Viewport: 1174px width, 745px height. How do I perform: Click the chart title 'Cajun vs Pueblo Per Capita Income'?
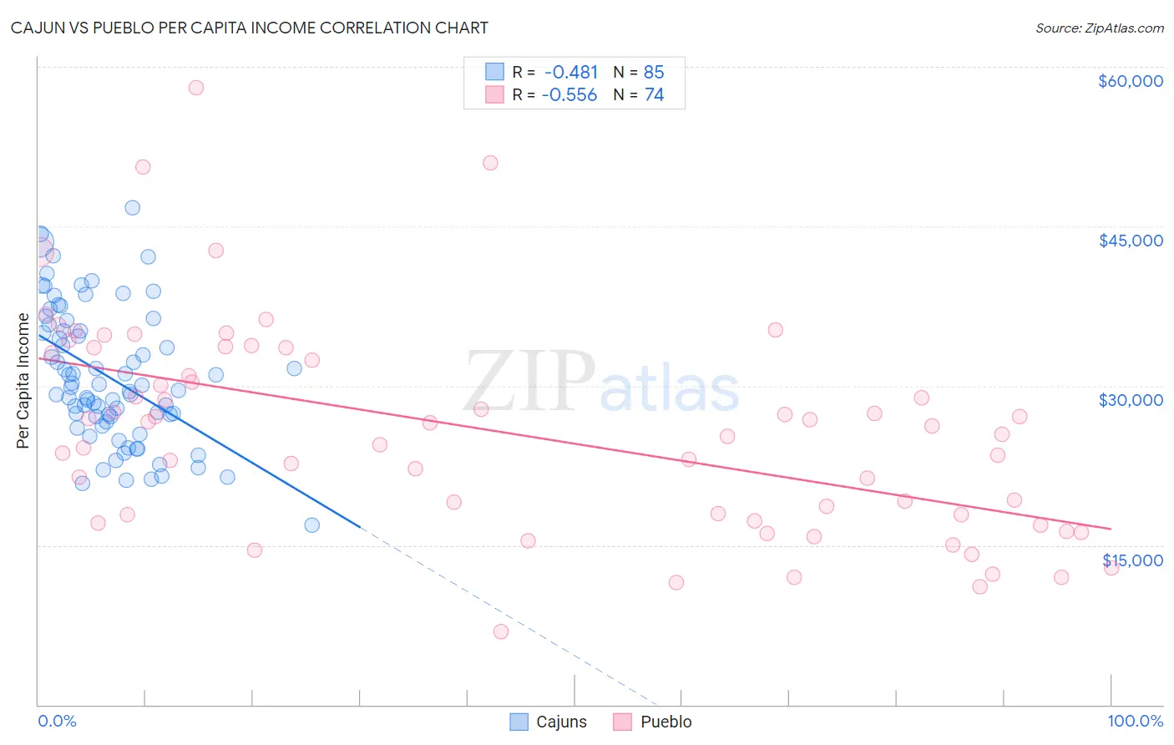(x=249, y=28)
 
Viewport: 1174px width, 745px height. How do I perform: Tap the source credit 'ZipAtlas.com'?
(x=1099, y=28)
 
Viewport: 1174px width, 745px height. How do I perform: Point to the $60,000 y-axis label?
(x=1130, y=81)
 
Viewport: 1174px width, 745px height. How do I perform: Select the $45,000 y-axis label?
(x=1130, y=241)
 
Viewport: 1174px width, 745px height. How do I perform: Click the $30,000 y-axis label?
(x=1130, y=400)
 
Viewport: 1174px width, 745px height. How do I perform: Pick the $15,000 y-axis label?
(x=1132, y=560)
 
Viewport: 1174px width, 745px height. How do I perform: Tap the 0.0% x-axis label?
(x=57, y=721)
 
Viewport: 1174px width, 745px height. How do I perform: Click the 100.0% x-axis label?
(x=1135, y=721)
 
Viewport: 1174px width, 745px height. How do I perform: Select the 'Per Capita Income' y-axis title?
(x=23, y=381)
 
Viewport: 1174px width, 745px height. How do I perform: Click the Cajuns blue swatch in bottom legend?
(x=519, y=722)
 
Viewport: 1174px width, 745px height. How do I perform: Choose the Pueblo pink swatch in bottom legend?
(x=622, y=722)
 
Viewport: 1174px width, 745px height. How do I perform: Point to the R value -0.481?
(x=571, y=73)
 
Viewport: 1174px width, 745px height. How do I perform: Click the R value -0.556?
(x=569, y=95)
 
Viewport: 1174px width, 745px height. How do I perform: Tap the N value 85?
(x=654, y=73)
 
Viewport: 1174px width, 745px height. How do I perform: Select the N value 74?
(x=654, y=95)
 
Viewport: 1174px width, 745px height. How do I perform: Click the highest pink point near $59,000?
(x=196, y=88)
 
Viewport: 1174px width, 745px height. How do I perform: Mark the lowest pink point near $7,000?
(x=501, y=631)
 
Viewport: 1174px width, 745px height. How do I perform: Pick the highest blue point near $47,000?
(x=132, y=208)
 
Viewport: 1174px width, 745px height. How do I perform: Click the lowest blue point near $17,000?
(x=312, y=525)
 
